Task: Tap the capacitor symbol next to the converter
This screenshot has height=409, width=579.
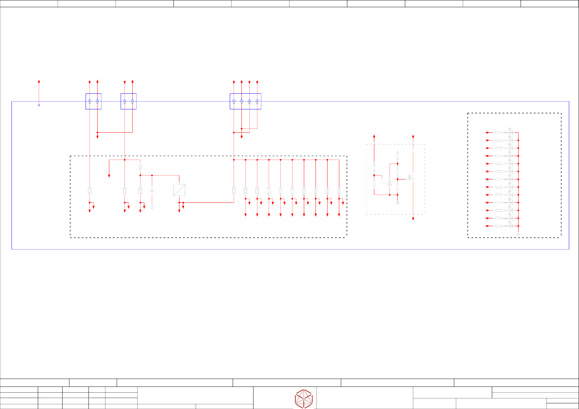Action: (x=152, y=191)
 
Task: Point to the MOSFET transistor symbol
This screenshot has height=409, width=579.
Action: (x=411, y=178)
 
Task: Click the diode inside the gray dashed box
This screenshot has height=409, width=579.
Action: (x=390, y=183)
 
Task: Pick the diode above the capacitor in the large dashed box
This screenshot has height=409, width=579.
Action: (x=140, y=167)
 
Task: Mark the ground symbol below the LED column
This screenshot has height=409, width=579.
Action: (x=518, y=235)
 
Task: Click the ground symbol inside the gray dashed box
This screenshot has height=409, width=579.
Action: (x=398, y=203)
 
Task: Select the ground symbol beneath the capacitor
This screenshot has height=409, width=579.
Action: (x=152, y=207)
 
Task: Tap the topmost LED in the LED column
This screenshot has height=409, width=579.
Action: (x=510, y=132)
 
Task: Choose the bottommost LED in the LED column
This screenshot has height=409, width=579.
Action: (x=510, y=226)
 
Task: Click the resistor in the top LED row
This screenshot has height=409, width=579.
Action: (x=499, y=133)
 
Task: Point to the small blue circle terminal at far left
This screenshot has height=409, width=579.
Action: (x=39, y=105)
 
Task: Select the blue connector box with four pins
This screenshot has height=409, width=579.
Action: (x=245, y=101)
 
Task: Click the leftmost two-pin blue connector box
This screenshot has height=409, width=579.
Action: (x=93, y=101)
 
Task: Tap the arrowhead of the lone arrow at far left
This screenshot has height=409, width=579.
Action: (x=39, y=81)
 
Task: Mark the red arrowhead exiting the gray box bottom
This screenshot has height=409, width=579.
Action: (x=413, y=219)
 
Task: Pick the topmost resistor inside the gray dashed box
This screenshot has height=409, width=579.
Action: (x=398, y=156)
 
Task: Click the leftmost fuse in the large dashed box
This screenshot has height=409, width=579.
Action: (x=90, y=191)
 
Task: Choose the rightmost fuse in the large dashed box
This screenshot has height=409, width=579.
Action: (x=339, y=191)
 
